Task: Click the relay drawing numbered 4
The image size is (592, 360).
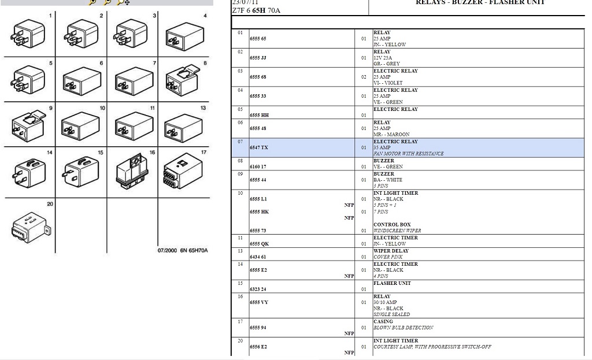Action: point(184,36)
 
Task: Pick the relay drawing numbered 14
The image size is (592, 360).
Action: point(29,171)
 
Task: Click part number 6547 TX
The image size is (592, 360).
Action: point(259,148)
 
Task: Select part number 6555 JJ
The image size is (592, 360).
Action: point(258,58)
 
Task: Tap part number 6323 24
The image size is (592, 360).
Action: point(258,290)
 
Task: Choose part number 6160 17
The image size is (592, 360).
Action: point(258,167)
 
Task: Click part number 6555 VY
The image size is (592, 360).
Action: point(259,303)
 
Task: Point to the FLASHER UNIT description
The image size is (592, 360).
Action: point(392,284)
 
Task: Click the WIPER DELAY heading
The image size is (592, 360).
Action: point(391,251)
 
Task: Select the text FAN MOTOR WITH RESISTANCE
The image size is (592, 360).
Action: point(408,154)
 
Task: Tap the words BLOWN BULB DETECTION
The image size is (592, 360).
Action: point(403,328)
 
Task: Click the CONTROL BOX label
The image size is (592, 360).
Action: point(392,225)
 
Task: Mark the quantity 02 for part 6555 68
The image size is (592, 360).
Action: point(364,77)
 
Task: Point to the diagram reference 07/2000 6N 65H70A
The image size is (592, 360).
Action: point(183,250)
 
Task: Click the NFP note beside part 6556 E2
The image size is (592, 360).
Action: point(349,352)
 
